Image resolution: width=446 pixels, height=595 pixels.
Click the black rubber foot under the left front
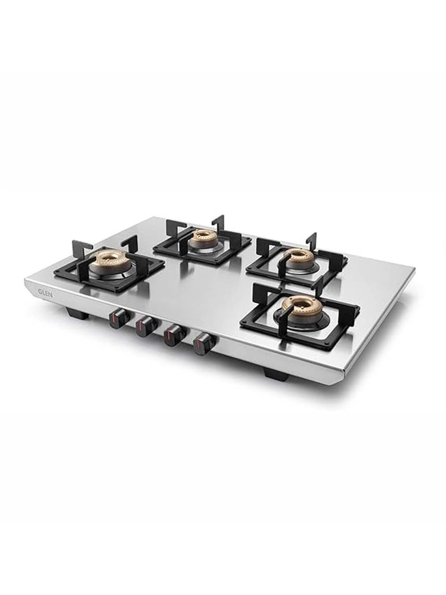(75, 311)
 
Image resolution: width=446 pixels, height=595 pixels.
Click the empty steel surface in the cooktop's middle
(205, 286)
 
